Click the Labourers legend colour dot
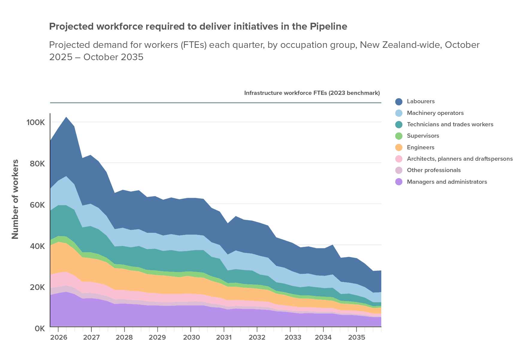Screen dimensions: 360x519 coord(399,101)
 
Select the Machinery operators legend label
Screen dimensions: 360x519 coord(435,113)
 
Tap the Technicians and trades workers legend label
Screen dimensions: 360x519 coord(450,124)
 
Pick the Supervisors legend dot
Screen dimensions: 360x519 coord(399,136)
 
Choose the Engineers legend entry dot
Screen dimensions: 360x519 coord(399,148)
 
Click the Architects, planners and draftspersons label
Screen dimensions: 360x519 coord(459,159)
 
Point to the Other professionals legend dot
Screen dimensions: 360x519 coord(399,170)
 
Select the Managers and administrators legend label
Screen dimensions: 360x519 coord(447,182)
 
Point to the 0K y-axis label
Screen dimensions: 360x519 coord(40,328)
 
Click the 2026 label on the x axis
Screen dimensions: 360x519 coord(58,338)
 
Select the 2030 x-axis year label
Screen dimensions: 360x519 coord(191,338)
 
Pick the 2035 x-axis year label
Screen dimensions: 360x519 coord(356,338)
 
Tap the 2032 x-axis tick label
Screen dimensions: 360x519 coord(257,338)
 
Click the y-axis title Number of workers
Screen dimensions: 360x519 coord(15,199)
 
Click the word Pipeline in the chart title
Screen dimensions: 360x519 coord(328,27)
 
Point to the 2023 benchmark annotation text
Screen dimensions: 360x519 coord(312,93)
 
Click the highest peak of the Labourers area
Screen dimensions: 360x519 coord(66,117)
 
